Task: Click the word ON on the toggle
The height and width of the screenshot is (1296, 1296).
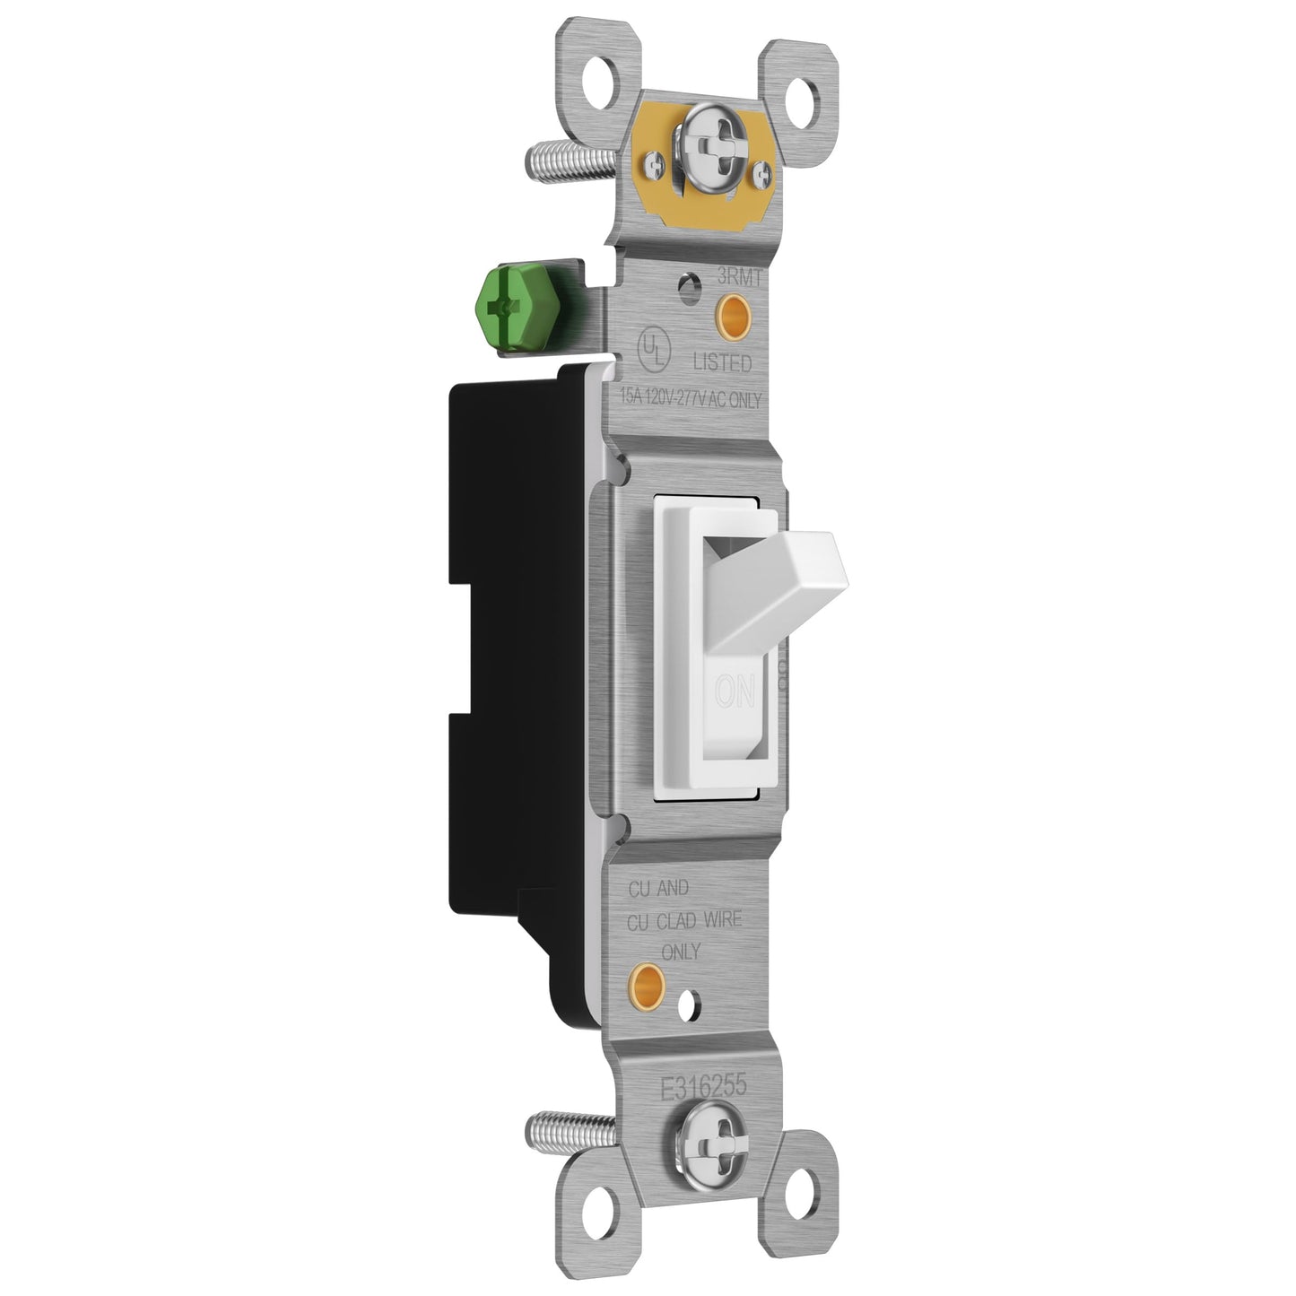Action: tap(735, 693)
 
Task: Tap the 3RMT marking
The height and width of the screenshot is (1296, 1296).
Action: tap(738, 279)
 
